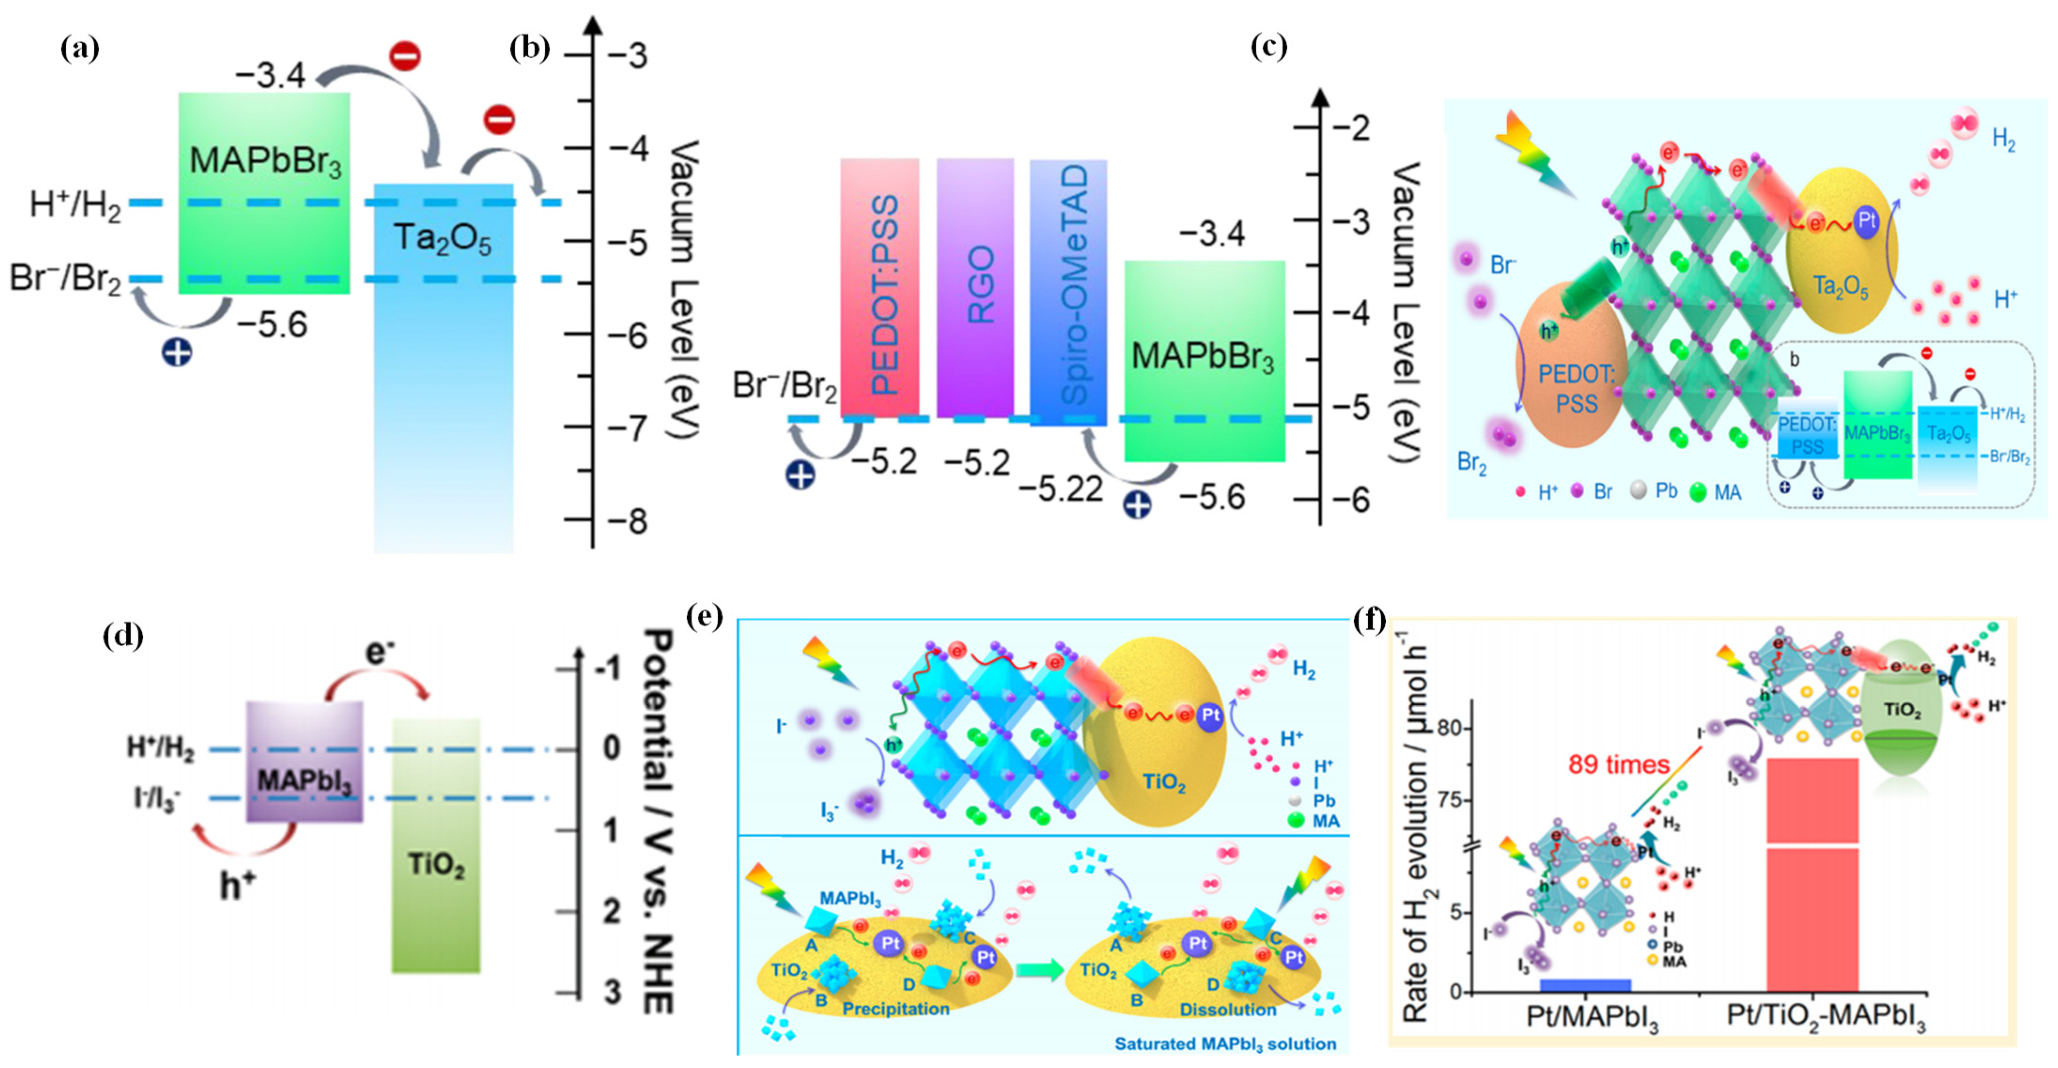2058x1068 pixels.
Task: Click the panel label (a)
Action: click(80, 49)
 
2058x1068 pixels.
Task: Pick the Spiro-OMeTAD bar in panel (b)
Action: click(1068, 292)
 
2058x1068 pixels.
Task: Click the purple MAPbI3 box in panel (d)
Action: click(304, 763)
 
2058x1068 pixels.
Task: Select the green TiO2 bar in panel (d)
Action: click(436, 847)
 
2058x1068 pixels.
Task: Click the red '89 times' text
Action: click(1618, 764)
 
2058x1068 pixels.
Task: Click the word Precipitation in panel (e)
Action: click(896, 1009)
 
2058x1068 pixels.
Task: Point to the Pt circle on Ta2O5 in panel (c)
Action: click(1866, 221)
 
